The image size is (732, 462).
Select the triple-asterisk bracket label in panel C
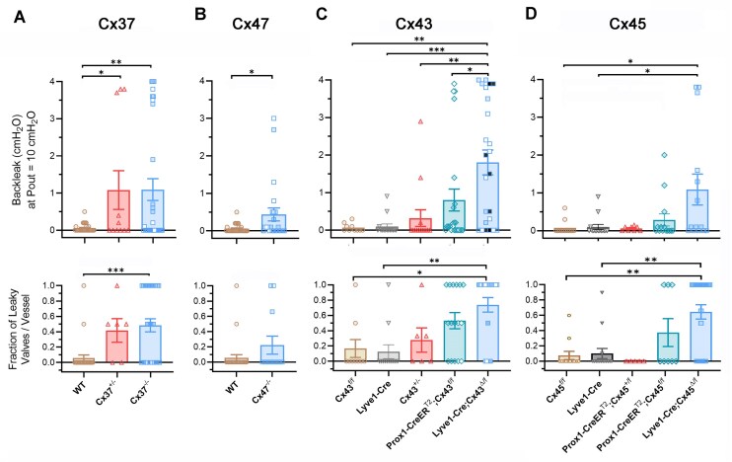point(435,47)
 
